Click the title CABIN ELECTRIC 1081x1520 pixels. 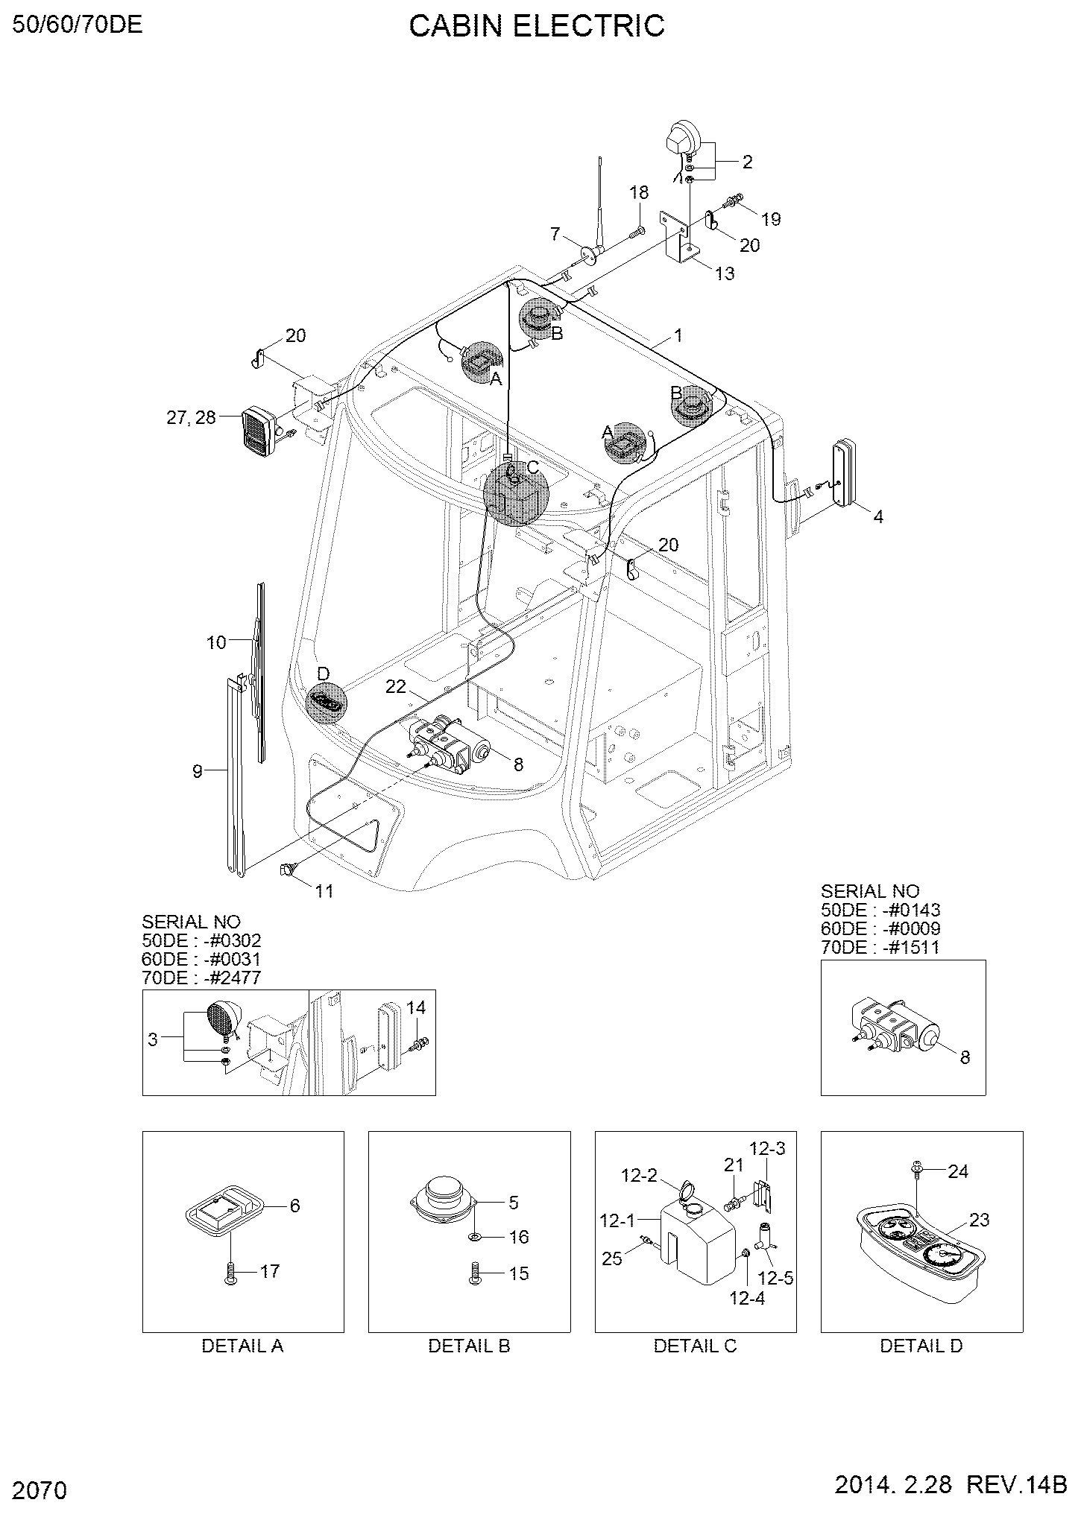coord(537,26)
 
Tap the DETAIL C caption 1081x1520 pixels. coord(695,1346)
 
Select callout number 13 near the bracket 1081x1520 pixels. coord(724,273)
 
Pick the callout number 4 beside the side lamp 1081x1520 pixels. coord(878,516)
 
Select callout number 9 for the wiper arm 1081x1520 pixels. coord(197,771)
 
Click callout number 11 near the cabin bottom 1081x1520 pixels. coord(324,890)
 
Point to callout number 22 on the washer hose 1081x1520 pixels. coord(396,686)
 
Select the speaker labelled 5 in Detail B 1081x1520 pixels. coord(444,1199)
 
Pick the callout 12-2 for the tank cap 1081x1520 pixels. coord(640,1176)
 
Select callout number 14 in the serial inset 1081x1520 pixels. coord(416,1008)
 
